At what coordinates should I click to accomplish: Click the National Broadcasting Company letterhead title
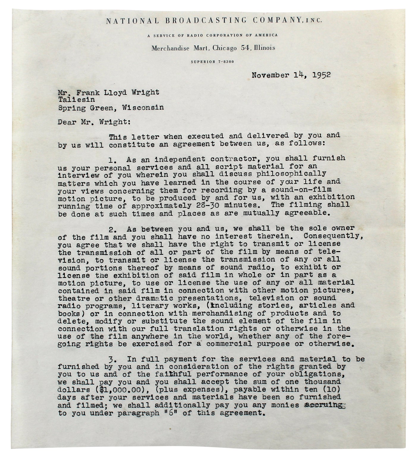click(x=213, y=20)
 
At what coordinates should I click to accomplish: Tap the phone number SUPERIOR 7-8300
click(x=212, y=62)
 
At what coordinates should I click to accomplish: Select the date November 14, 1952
click(x=291, y=75)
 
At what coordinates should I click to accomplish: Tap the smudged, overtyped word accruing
click(x=323, y=405)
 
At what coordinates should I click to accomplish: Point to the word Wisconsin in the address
click(x=143, y=107)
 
